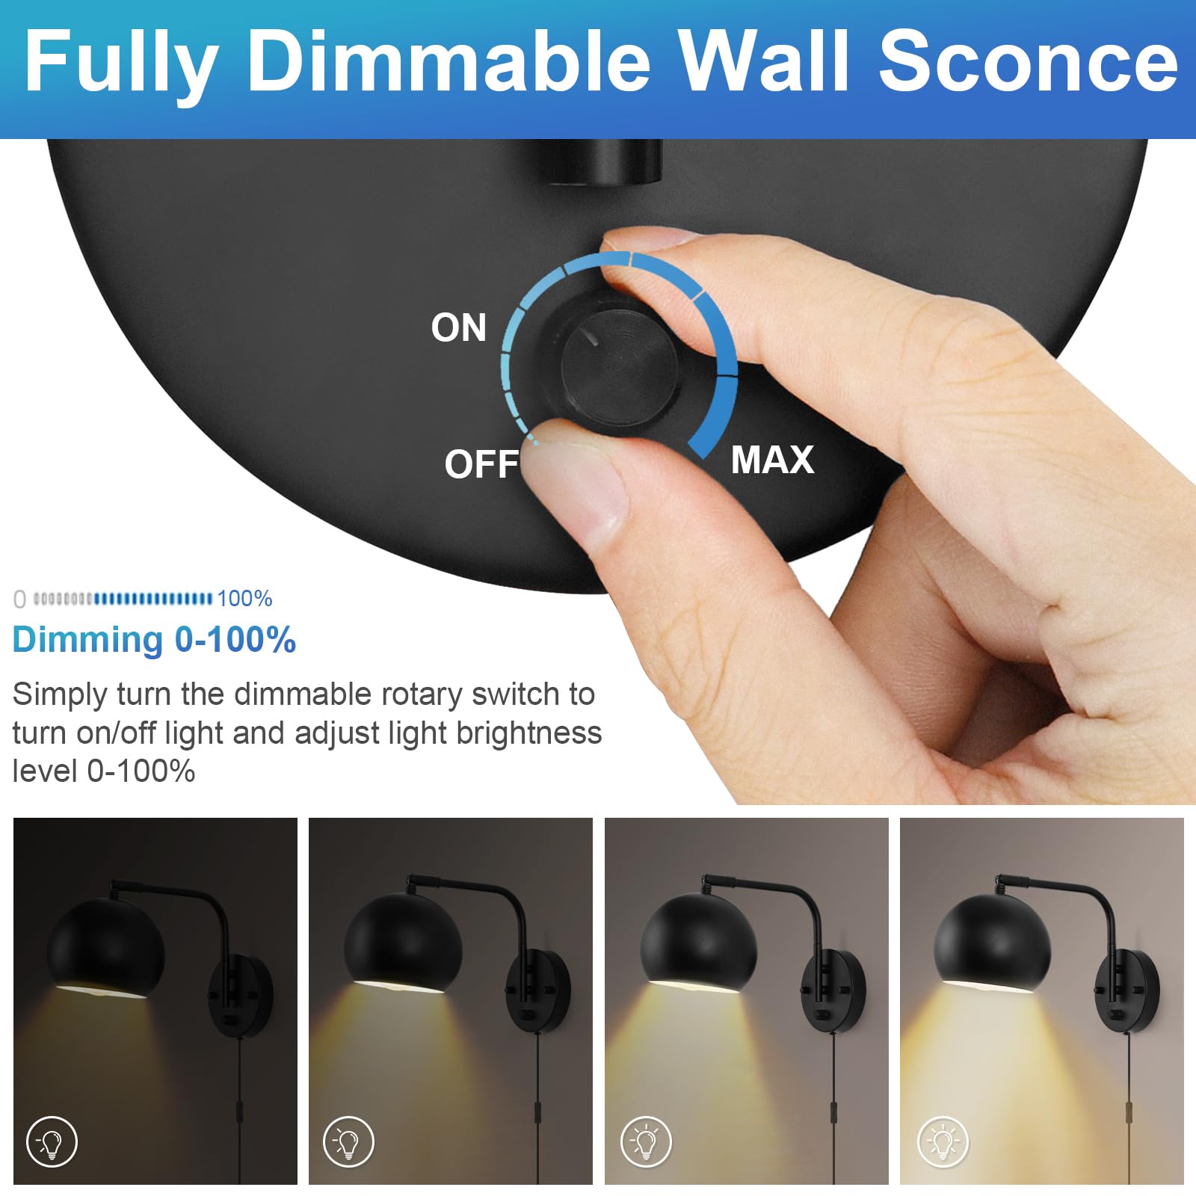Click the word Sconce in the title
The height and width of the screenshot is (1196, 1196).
tap(1027, 61)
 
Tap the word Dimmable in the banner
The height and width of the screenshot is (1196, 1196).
tap(449, 61)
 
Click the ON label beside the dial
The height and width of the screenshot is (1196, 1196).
tap(458, 327)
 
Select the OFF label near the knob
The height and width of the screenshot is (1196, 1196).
tap(481, 464)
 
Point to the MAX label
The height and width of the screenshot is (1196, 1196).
tap(772, 459)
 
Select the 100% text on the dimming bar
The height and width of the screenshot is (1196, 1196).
tap(244, 599)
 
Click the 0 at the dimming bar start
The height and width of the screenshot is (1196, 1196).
tap(19, 599)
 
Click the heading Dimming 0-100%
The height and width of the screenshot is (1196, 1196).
tap(154, 640)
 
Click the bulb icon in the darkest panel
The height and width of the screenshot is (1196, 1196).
tap(52, 1141)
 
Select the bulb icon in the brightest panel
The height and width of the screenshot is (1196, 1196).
tap(943, 1141)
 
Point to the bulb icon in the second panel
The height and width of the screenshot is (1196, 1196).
tap(348, 1141)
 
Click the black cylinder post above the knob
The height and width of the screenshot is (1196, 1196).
tap(604, 161)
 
